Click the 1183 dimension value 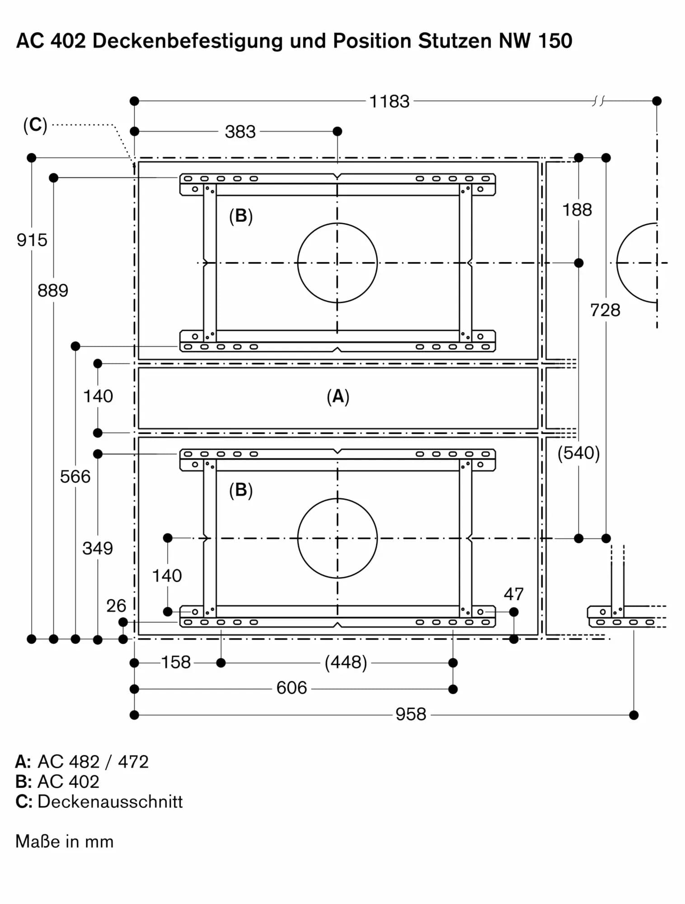[x=389, y=102]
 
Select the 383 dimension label [x=240, y=132]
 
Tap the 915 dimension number [x=32, y=240]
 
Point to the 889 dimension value [x=53, y=291]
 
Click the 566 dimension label [x=75, y=477]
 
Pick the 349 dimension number [x=98, y=549]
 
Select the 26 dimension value [x=116, y=606]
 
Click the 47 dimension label [x=514, y=594]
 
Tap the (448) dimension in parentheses [x=346, y=663]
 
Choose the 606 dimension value [x=291, y=688]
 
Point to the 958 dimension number [x=411, y=715]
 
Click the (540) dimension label [x=578, y=453]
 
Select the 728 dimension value [x=605, y=311]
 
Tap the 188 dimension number [x=577, y=210]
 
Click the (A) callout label [x=338, y=396]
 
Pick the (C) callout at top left [x=35, y=125]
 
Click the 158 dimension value [x=176, y=663]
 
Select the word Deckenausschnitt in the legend [x=110, y=802]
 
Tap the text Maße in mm [x=64, y=842]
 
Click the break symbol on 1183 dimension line [x=598, y=101]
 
